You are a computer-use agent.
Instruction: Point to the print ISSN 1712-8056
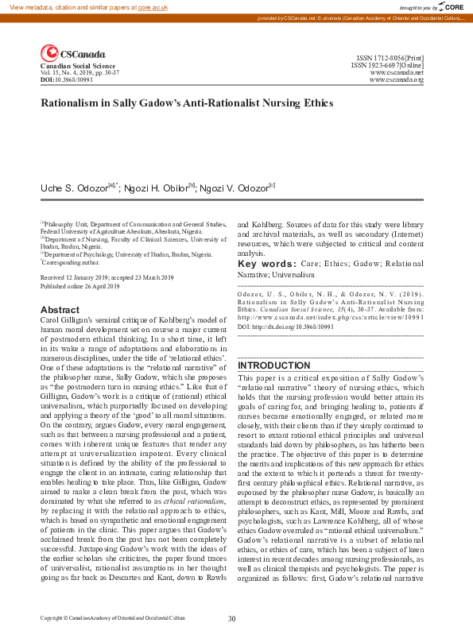click(390, 58)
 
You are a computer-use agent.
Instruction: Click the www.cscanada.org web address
click(397, 79)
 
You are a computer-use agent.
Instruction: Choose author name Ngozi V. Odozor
click(238, 187)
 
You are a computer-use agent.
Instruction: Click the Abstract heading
click(60, 310)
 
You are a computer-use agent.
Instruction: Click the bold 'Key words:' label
click(267, 264)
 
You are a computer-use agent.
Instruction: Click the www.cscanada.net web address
click(397, 72)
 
